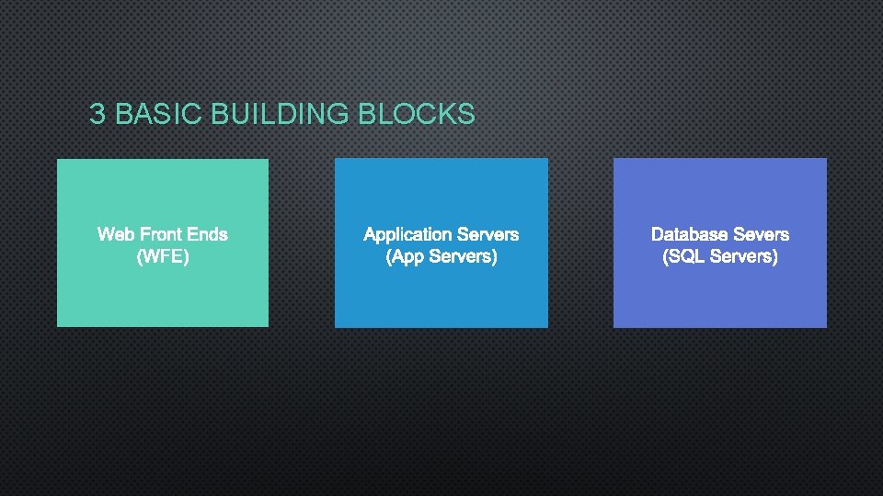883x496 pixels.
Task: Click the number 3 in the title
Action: coord(97,114)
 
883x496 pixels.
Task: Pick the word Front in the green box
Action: coord(161,234)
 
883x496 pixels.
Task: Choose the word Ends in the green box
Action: coord(207,234)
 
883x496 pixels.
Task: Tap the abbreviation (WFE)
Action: coord(163,256)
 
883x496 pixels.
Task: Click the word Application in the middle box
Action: coord(407,234)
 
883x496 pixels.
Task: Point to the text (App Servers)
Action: coord(441,256)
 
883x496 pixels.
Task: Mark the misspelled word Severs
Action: coord(761,234)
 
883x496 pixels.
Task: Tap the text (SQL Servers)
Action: coord(720,256)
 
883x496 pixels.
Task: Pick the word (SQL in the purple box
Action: coord(682,256)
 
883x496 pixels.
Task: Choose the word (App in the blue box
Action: coord(403,256)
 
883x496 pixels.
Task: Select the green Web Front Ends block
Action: coord(163,294)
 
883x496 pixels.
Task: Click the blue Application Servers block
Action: coord(441,294)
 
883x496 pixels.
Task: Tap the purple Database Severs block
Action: coord(720,294)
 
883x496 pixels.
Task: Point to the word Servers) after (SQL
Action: coord(743,256)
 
